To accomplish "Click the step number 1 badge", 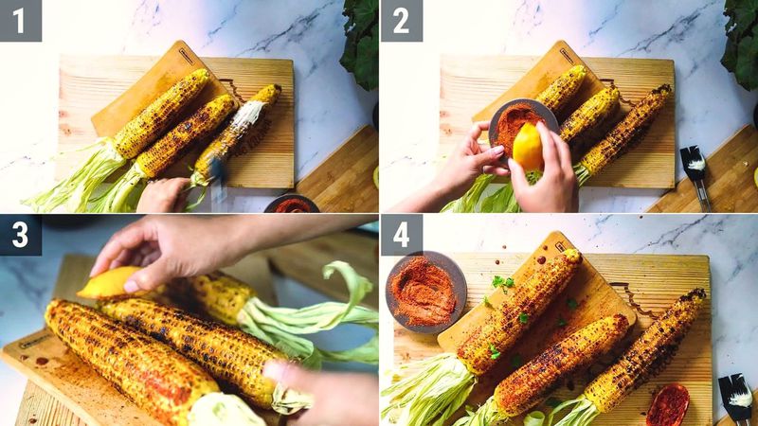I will click(x=20, y=20).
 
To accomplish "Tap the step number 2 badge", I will click(x=401, y=20).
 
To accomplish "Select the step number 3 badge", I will click(x=20, y=235).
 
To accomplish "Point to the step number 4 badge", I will click(x=401, y=235).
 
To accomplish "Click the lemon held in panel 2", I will click(x=528, y=146).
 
